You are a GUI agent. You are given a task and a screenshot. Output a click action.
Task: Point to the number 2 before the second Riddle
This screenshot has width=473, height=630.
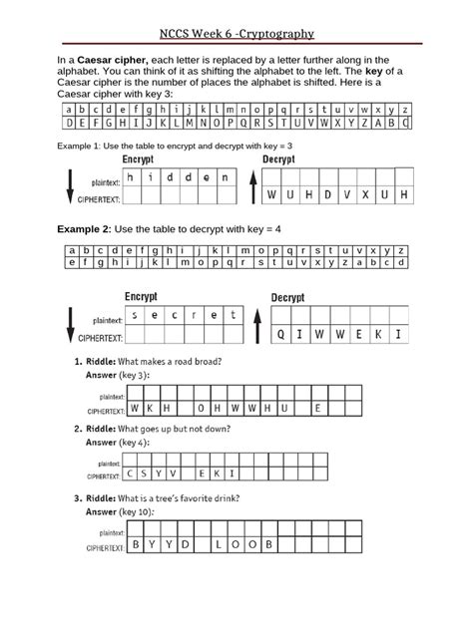(x=78, y=429)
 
